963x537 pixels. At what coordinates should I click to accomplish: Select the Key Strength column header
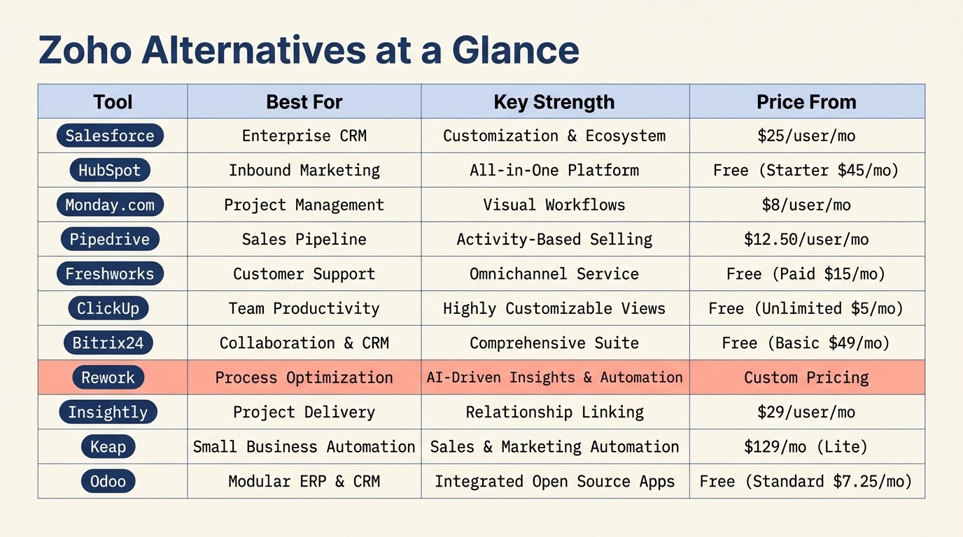click(x=554, y=102)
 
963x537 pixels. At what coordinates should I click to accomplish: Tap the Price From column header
click(x=806, y=102)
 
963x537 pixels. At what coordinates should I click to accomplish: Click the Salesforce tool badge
click(x=110, y=136)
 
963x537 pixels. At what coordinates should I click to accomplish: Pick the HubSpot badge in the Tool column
click(x=110, y=170)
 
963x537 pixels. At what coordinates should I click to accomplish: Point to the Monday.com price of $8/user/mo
click(x=806, y=205)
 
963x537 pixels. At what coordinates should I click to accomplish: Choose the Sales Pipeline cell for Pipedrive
click(x=304, y=239)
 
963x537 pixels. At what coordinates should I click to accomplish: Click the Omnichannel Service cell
click(x=554, y=274)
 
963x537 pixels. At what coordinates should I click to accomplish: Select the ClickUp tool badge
click(x=108, y=308)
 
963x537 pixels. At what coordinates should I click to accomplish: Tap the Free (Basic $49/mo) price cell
click(x=806, y=343)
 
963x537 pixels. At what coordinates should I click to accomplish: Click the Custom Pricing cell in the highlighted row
click(x=806, y=378)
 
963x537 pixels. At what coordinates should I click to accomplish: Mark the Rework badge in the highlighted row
click(x=108, y=378)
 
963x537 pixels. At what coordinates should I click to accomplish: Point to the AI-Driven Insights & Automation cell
click(x=554, y=378)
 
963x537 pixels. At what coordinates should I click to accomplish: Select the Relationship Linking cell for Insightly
click(x=554, y=413)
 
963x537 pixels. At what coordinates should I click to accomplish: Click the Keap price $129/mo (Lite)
click(x=806, y=447)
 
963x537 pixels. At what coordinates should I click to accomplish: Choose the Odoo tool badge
click(x=108, y=481)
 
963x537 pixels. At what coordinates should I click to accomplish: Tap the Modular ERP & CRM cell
click(x=304, y=481)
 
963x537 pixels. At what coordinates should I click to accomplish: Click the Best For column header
click(x=304, y=102)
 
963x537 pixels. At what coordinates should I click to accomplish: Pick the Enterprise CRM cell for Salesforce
click(x=304, y=136)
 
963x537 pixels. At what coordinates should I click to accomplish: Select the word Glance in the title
click(x=515, y=50)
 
